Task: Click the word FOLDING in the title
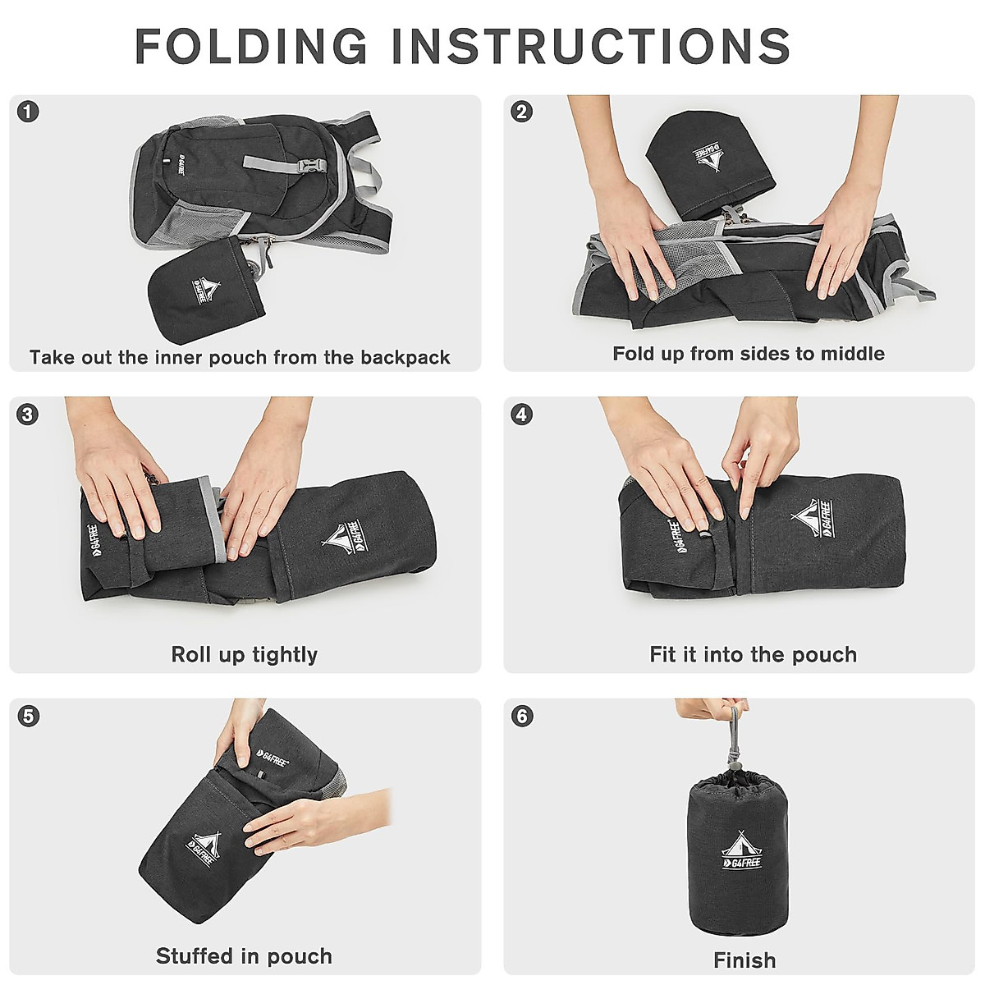pyautogui.click(x=251, y=46)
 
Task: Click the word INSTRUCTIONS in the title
pyautogui.click(x=591, y=46)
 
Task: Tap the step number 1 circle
pyautogui.click(x=28, y=112)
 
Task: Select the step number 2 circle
pyautogui.click(x=521, y=112)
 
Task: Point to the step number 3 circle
pyautogui.click(x=28, y=414)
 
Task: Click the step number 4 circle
pyautogui.click(x=521, y=414)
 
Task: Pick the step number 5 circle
pyautogui.click(x=28, y=716)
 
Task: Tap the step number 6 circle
pyautogui.click(x=521, y=716)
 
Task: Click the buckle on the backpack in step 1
pyautogui.click(x=311, y=166)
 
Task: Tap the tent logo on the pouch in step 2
pyautogui.click(x=708, y=158)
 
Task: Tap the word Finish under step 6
pyautogui.click(x=744, y=960)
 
